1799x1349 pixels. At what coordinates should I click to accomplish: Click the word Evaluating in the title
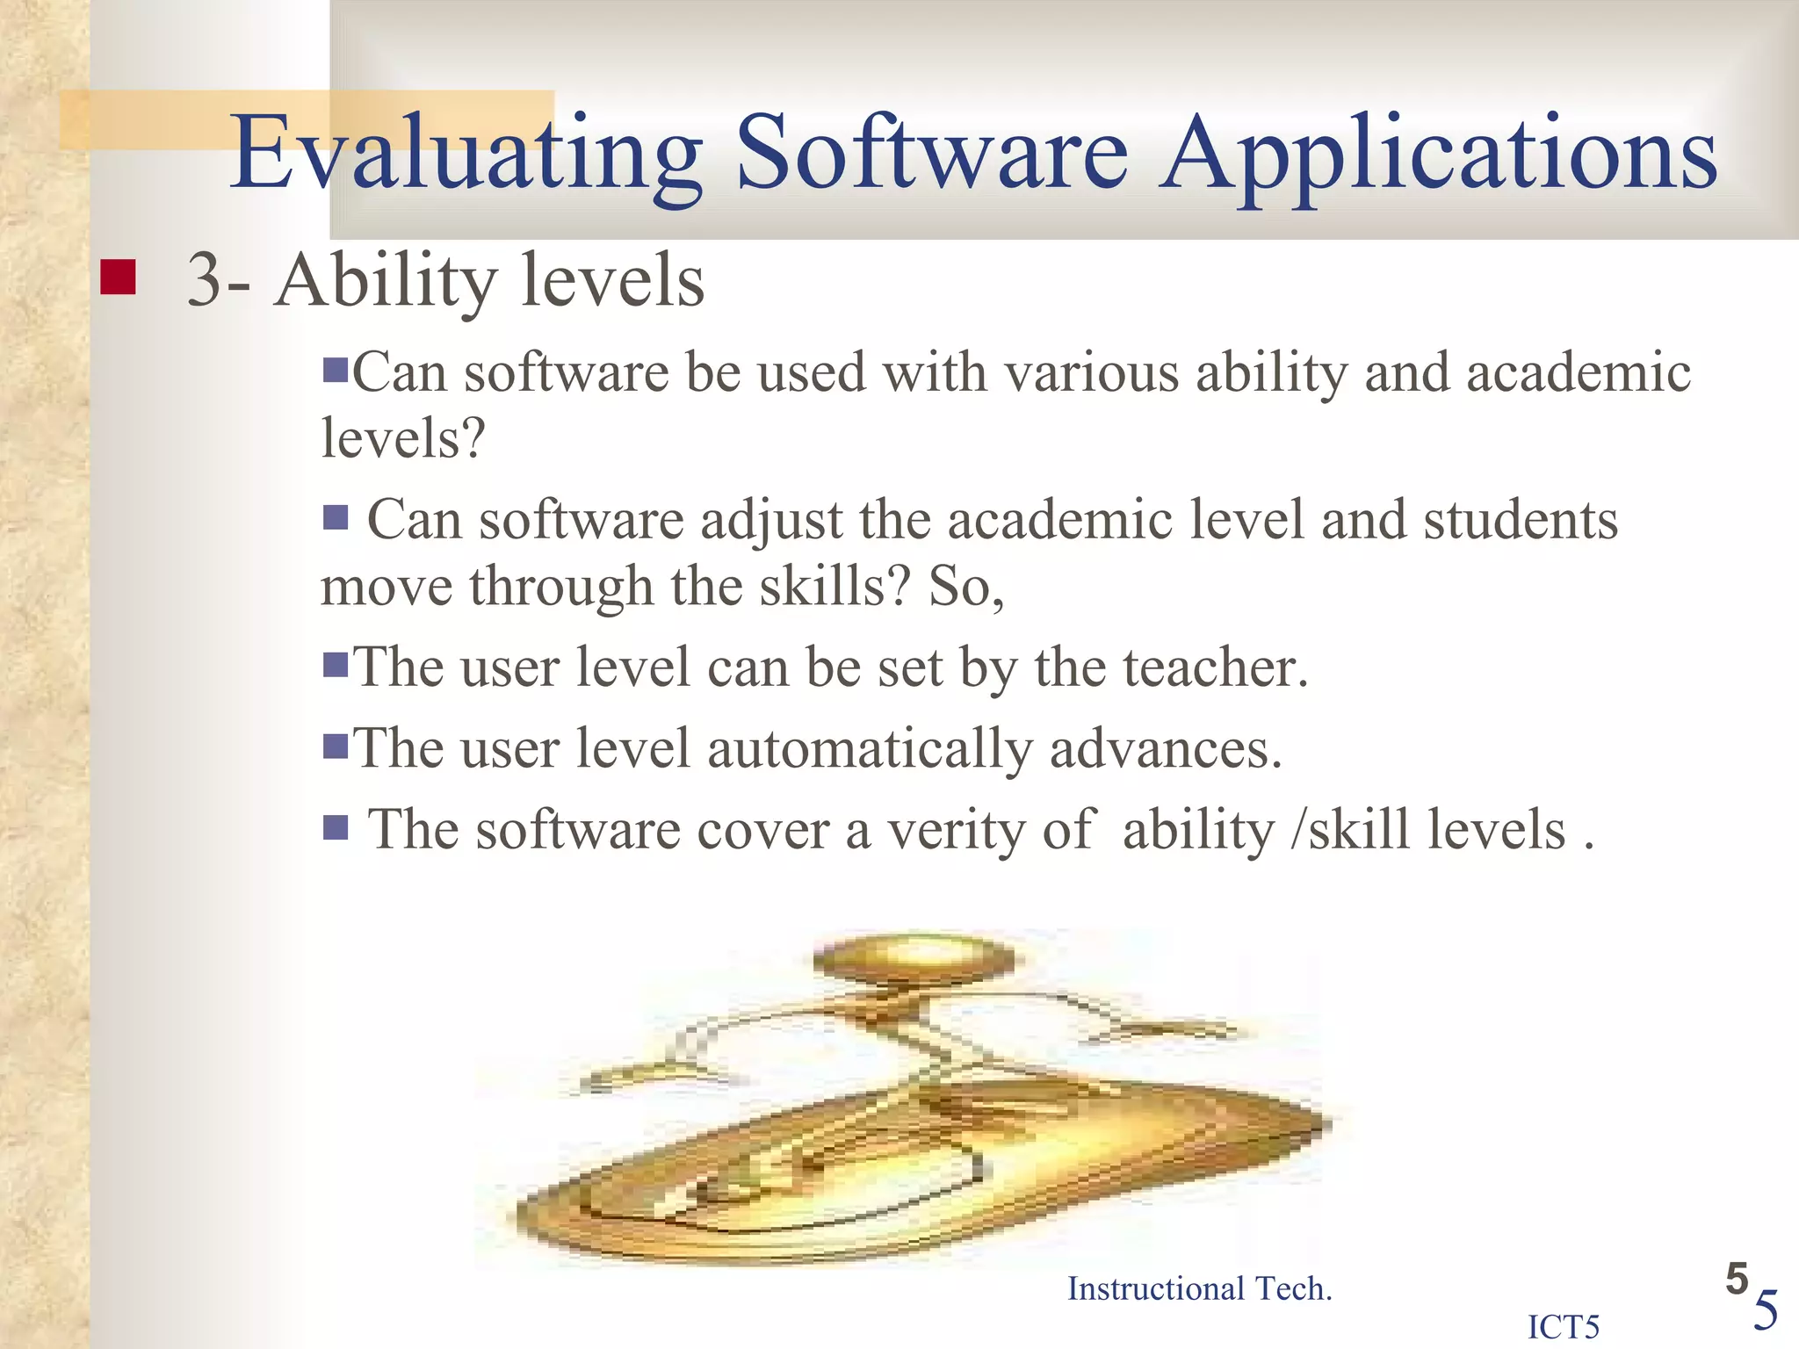click(466, 154)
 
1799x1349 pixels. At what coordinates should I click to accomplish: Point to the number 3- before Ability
click(218, 281)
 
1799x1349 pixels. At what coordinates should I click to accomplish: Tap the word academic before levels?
click(1579, 372)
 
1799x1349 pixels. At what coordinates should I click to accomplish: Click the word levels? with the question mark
click(402, 437)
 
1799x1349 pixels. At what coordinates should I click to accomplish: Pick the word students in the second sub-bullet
click(1520, 520)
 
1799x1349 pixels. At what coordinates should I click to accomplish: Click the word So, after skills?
click(966, 587)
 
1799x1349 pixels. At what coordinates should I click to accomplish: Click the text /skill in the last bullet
click(1349, 830)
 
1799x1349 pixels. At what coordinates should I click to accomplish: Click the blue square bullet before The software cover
click(336, 827)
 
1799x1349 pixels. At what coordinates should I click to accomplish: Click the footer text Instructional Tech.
click(1199, 1288)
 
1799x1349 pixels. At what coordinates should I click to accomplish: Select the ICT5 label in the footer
click(1564, 1326)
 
